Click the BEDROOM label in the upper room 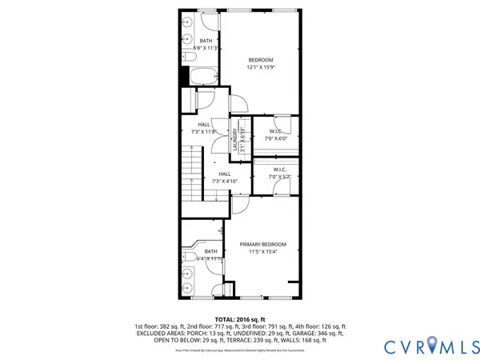(261, 60)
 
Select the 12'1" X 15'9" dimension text (261, 68)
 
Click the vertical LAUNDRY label (235, 139)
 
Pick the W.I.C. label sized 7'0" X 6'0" (276, 131)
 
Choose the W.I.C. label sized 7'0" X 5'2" (280, 169)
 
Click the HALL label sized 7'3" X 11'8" (204, 124)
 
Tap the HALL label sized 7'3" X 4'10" (225, 174)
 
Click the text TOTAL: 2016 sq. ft (239, 318)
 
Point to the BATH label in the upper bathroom (206, 41)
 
